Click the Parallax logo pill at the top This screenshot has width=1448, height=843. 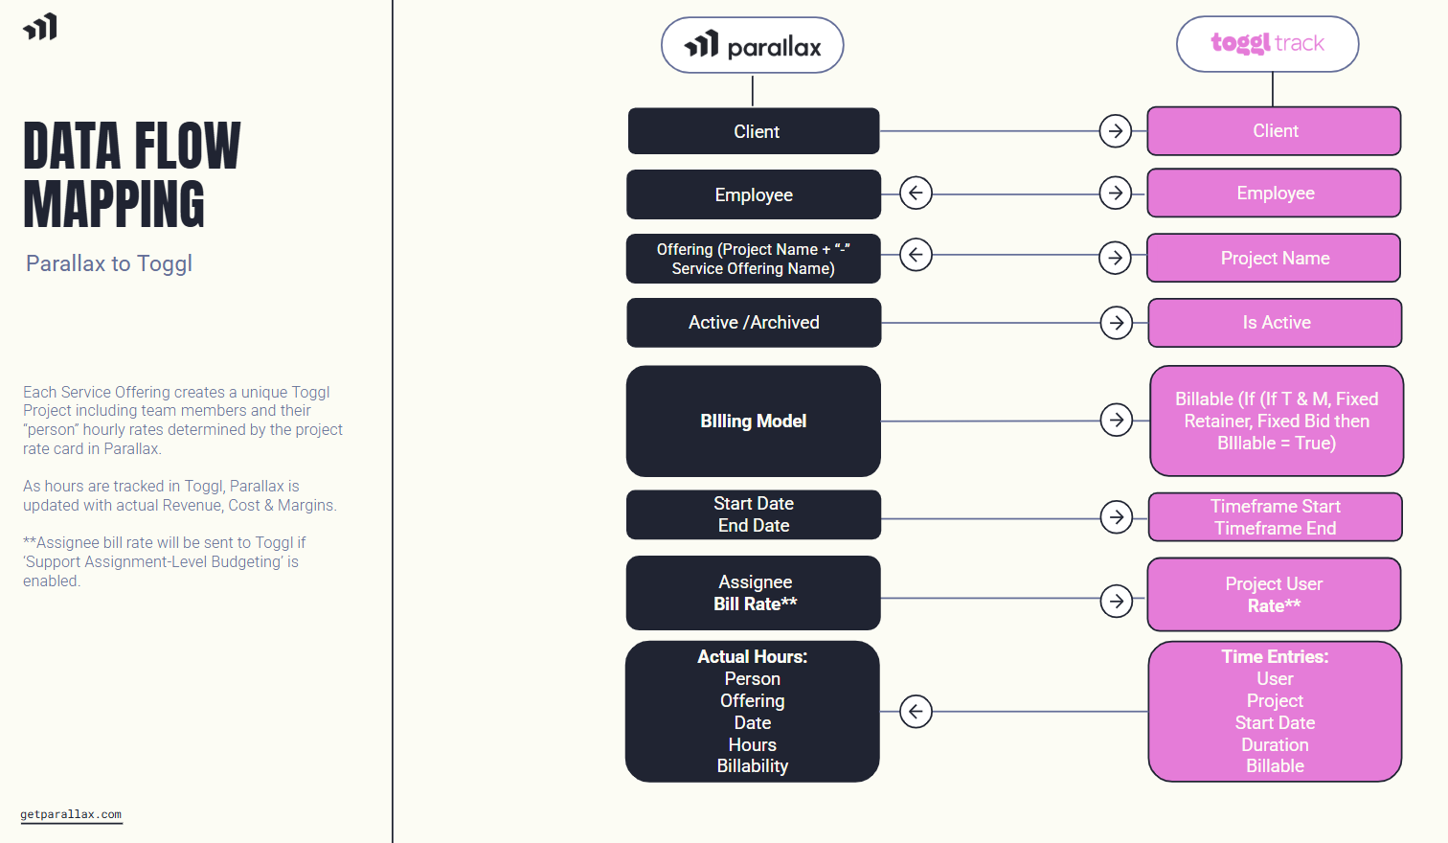752,45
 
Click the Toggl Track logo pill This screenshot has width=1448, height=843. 1267,44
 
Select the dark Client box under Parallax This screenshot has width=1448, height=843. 754,131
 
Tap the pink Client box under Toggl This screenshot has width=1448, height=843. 1274,131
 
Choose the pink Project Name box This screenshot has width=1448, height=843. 1274,258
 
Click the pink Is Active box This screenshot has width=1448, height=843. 1275,323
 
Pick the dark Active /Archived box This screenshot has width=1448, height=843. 754,323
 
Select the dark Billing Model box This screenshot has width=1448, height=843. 754,421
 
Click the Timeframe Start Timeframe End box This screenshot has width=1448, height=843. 1275,517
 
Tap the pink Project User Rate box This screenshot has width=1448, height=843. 1274,594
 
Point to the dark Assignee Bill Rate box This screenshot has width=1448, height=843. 754,593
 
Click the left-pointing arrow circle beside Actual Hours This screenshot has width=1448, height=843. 916,712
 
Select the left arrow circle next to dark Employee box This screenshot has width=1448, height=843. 916,194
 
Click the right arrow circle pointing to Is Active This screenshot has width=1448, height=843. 1117,323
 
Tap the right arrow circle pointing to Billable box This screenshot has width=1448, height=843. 1117,420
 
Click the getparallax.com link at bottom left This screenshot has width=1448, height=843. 71,814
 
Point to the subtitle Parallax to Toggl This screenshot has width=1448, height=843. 109,263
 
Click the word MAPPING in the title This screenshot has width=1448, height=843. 114,204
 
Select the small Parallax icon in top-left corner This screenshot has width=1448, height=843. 40,27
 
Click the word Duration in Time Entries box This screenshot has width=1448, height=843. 1275,744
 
